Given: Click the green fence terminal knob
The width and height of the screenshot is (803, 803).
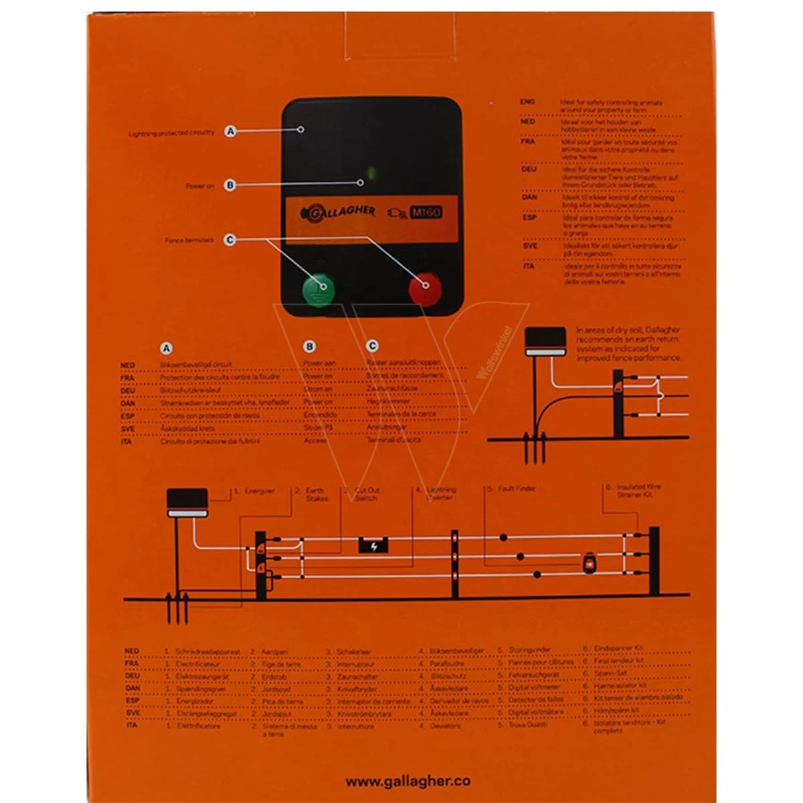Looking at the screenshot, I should coord(318,288).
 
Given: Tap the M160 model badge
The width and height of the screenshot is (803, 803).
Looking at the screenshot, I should coord(426,213).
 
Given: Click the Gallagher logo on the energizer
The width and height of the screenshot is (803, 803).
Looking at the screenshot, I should coord(338,211).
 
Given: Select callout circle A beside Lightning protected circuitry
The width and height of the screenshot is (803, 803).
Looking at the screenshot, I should coord(231,131).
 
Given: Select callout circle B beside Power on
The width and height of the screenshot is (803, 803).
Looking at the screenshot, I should coord(230,185).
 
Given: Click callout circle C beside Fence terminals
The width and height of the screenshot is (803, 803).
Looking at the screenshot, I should coord(230,240).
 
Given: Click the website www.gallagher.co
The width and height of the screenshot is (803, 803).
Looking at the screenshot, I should coord(408,781).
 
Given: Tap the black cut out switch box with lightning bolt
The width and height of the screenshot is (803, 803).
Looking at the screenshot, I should coord(374,545).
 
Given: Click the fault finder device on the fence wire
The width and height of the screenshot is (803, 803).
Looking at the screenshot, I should coord(590,562).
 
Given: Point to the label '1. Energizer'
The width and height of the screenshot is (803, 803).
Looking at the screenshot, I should coord(254,491).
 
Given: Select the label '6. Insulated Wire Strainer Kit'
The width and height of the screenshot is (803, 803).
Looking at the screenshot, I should coord(632,490).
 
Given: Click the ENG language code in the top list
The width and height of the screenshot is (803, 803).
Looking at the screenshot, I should coord(527,102).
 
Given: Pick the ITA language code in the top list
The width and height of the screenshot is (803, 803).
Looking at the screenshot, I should coord(529,266).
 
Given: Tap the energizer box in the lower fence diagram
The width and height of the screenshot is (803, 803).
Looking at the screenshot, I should coord(187,502).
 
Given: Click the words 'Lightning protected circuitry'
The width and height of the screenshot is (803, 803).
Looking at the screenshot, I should coord(171,133).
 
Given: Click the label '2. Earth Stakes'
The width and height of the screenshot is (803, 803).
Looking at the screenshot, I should coord(312,495).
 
